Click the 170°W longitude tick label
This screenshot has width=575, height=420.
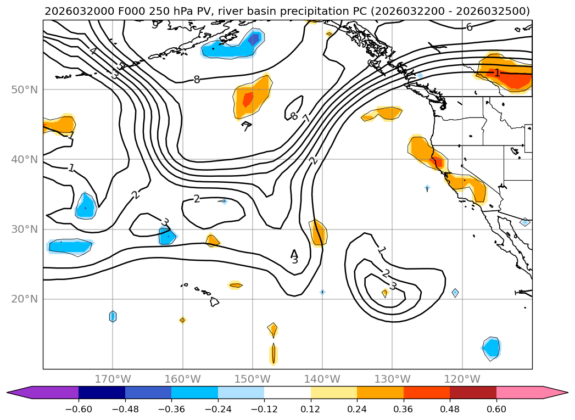click(x=113, y=379)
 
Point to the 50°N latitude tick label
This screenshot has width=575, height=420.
click(x=25, y=89)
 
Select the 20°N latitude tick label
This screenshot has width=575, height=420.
click(x=25, y=299)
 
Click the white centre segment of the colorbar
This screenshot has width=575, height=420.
click(x=287, y=393)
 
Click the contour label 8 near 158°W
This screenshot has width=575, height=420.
click(x=197, y=80)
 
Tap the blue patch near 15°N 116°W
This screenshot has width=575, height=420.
click(x=492, y=348)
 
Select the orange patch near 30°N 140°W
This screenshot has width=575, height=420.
click(x=319, y=233)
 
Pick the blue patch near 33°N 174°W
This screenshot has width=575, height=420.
click(x=85, y=207)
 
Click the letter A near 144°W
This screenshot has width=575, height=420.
click(x=294, y=254)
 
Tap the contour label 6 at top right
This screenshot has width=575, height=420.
click(x=469, y=27)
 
